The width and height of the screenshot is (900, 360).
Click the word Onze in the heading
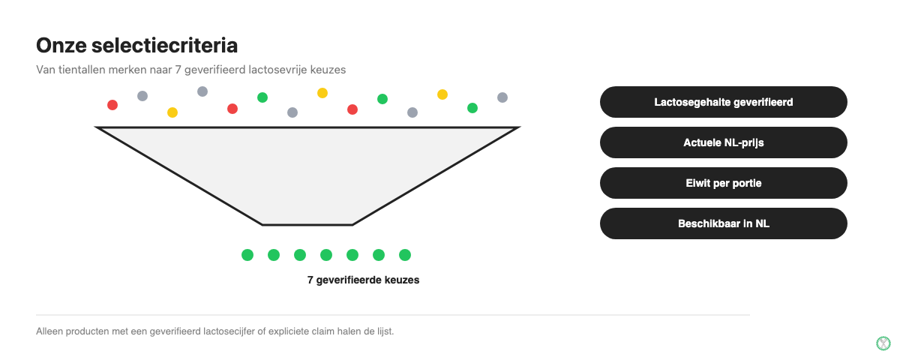(x=61, y=46)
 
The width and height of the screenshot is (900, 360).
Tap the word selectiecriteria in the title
(x=165, y=46)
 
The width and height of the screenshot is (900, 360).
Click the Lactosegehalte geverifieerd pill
(x=724, y=102)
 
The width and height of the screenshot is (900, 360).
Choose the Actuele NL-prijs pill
(x=724, y=142)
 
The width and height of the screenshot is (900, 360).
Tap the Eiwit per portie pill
(x=724, y=183)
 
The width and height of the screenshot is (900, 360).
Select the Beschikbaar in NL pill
(x=724, y=223)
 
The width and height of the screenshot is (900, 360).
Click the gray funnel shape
(x=307, y=169)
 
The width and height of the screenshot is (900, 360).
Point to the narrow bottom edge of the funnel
(x=307, y=225)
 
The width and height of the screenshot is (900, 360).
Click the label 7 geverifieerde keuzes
(x=363, y=280)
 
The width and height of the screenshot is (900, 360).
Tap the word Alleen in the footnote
(x=49, y=331)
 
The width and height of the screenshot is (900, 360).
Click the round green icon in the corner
(x=883, y=343)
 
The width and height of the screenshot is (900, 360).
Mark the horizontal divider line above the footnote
(x=393, y=315)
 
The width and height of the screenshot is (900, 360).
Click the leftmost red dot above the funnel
(x=112, y=105)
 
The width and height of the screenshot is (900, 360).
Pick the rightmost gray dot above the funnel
(x=502, y=97)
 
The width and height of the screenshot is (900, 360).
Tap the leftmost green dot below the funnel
(x=247, y=255)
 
